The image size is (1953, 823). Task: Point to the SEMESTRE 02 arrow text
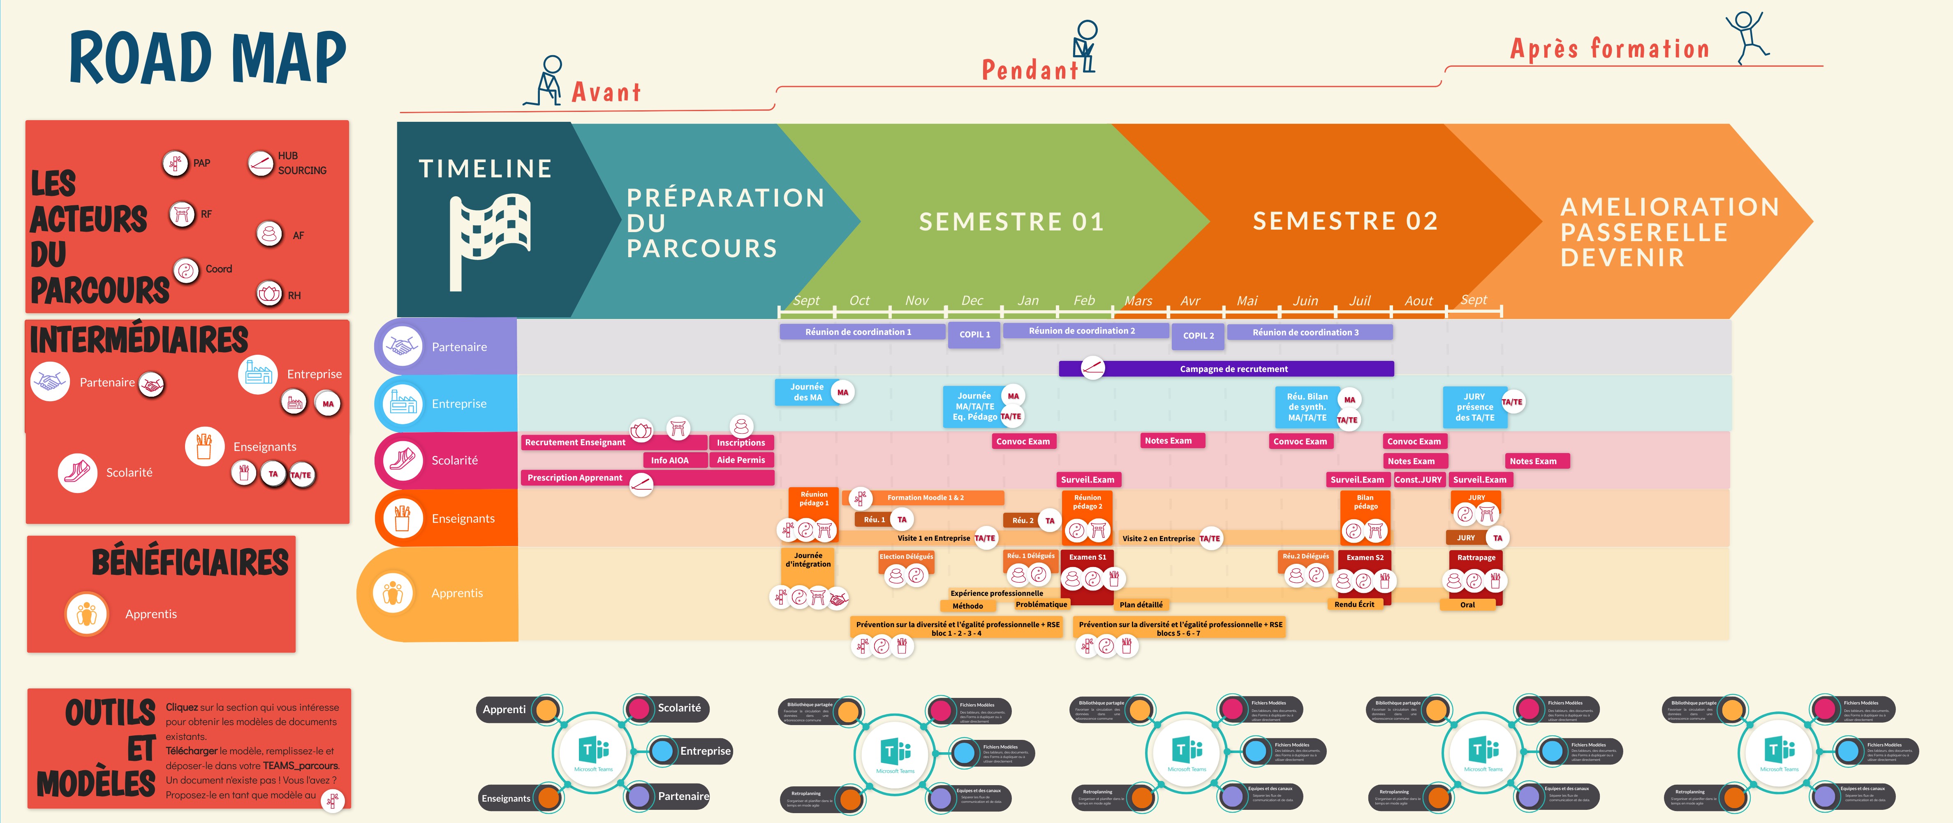1345,221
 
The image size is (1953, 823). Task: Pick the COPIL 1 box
974,335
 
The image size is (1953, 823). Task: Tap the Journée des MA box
807,392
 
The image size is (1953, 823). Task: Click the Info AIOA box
669,460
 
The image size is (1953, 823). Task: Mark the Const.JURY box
1418,479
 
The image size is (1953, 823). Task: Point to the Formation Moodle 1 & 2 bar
925,498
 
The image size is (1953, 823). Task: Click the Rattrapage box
1475,558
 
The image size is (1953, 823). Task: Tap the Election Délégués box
906,557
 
